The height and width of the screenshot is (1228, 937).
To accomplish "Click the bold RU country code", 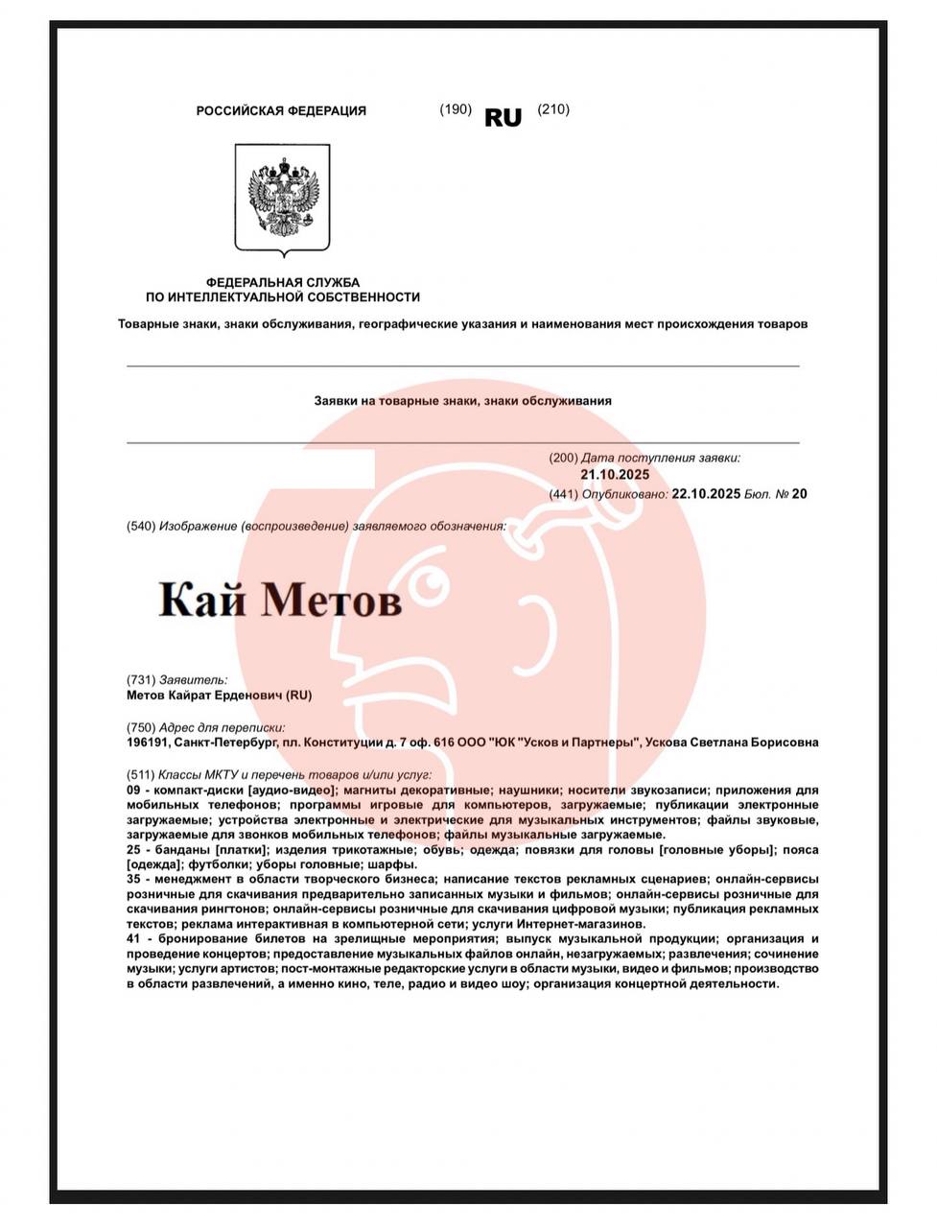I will point(504,118).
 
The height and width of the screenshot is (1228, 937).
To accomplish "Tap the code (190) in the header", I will point(456,109).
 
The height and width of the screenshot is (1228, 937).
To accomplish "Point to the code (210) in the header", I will point(553,109).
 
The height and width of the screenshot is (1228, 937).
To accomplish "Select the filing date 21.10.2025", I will point(615,475).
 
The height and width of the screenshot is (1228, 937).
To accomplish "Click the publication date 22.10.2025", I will point(706,494).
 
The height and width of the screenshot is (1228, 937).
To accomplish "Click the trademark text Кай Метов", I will point(280,599).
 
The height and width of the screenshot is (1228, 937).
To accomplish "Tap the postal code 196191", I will point(147,743).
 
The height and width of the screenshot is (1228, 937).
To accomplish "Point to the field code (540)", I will point(141,526).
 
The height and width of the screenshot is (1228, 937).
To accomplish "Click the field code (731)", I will point(141,680).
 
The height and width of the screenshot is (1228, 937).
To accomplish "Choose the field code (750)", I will point(141,727).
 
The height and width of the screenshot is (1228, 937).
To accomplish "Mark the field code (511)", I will point(141,774).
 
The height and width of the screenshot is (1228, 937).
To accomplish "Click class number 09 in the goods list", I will point(134,790).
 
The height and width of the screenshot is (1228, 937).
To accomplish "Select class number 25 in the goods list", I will point(134,850).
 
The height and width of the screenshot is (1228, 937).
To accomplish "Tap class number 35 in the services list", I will point(134,879).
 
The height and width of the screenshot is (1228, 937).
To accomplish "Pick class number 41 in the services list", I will point(134,939).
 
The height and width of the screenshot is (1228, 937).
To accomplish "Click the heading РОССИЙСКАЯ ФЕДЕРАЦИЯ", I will point(281,111).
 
